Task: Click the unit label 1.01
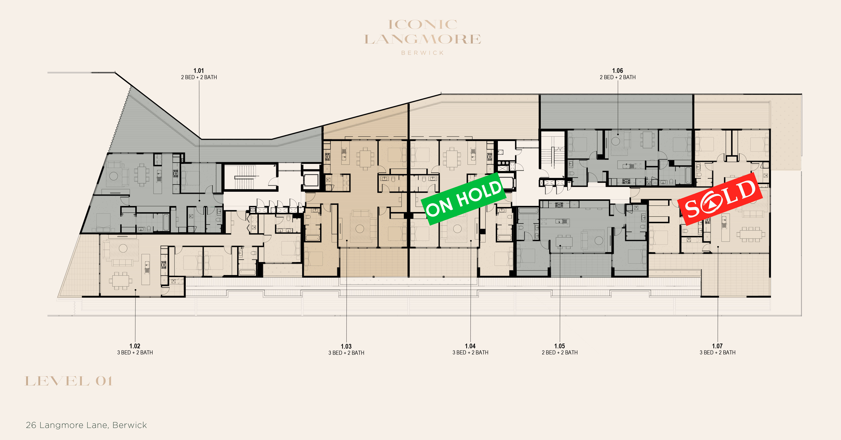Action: pyautogui.click(x=199, y=71)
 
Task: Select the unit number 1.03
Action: pyautogui.click(x=346, y=346)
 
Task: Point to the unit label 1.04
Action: pyautogui.click(x=470, y=346)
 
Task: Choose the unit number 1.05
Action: pyautogui.click(x=560, y=346)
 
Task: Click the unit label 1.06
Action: pyautogui.click(x=617, y=71)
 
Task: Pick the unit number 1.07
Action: pyautogui.click(x=717, y=346)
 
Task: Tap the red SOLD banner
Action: pyautogui.click(x=720, y=199)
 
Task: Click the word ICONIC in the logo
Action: pyautogui.click(x=422, y=24)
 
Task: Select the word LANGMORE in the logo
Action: pyautogui.click(x=422, y=39)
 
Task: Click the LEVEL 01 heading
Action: pyautogui.click(x=68, y=381)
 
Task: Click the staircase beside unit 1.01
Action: pyautogui.click(x=244, y=177)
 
